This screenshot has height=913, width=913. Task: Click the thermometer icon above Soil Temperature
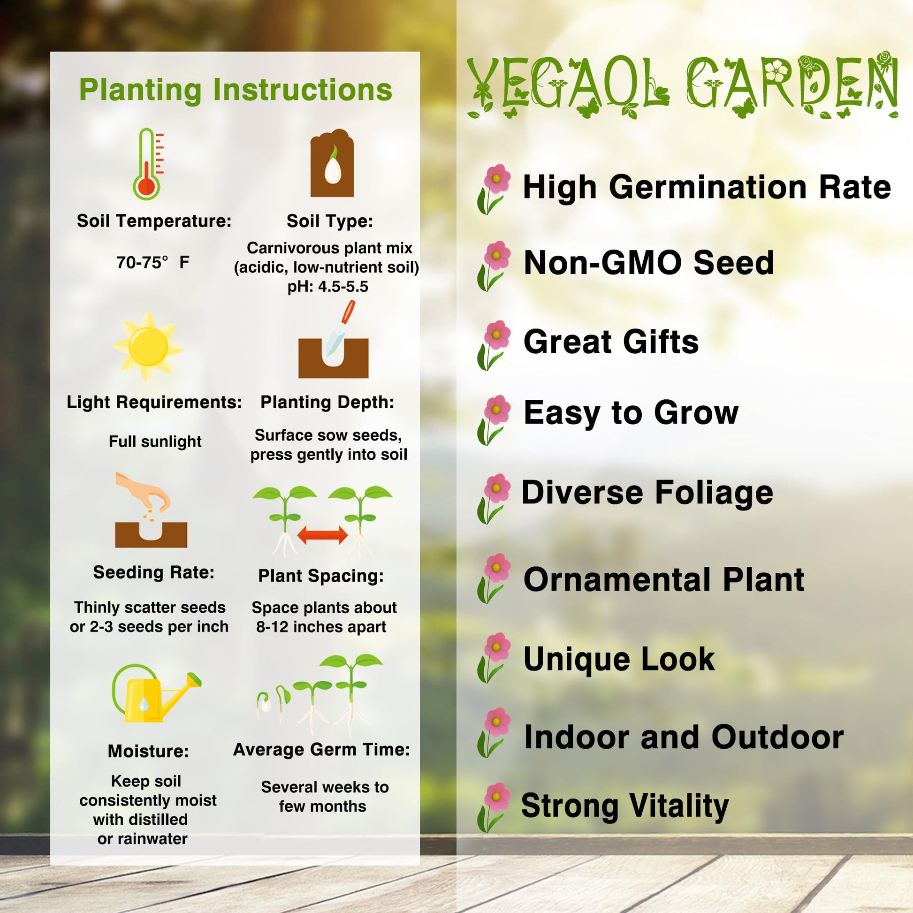[x=147, y=164]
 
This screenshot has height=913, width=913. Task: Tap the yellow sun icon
[x=148, y=346]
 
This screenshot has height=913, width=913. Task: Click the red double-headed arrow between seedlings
[x=322, y=535]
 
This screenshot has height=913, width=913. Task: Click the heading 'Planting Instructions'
[x=236, y=90]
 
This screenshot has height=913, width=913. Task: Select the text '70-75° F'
[x=152, y=262]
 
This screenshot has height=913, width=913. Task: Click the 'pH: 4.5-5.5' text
[x=327, y=286]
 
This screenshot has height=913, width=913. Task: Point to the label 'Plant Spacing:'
[x=321, y=576]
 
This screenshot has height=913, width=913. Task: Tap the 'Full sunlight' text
[x=155, y=441]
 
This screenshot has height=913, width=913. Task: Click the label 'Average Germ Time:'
[x=321, y=749]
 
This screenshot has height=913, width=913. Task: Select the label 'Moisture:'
[x=148, y=751]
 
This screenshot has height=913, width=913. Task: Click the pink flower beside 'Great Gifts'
[x=494, y=345]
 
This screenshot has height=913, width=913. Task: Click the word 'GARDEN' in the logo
[x=792, y=84]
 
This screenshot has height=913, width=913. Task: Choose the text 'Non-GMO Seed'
[x=648, y=262]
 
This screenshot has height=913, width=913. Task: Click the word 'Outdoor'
[x=777, y=737]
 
